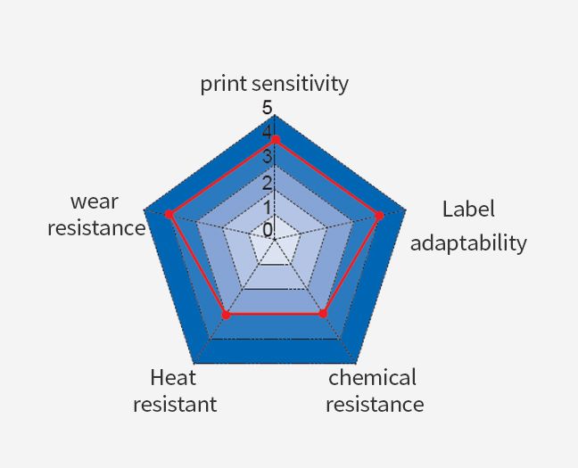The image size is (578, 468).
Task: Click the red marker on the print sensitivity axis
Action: coord(276,140)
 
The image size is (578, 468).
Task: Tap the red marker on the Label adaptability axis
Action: coord(379,216)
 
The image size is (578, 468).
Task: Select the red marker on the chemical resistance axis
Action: coord(323,314)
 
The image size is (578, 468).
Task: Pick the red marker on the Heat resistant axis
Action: coord(227,315)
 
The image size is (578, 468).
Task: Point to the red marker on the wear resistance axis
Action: coord(169,214)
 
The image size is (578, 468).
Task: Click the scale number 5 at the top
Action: coord(268,108)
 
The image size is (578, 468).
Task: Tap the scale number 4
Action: coord(268,132)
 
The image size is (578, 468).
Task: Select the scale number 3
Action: coord(268,156)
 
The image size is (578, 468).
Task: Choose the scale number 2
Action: coord(268,183)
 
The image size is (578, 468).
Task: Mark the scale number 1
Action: coord(268,208)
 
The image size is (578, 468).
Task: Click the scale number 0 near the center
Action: coord(268,230)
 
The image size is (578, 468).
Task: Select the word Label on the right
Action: coord(468,209)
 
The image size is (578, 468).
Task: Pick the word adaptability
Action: coord(468,243)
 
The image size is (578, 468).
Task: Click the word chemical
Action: coord(372,378)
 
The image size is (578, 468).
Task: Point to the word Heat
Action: coord(173,378)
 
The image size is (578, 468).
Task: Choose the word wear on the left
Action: coord(95,202)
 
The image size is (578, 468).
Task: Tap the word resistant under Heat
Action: coord(175,404)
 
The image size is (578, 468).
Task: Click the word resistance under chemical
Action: coord(375,404)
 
